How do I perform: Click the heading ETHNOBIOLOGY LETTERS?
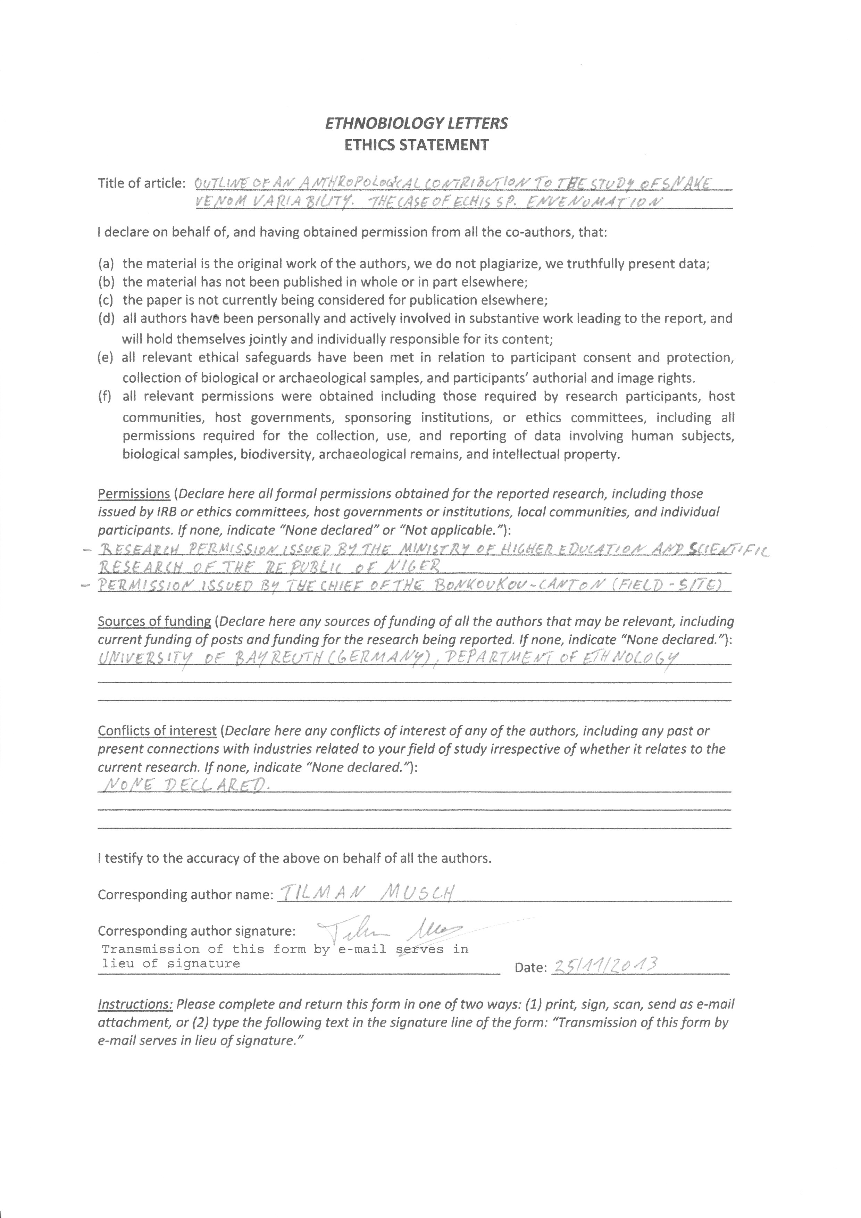click(416, 124)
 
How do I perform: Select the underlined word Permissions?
click(134, 494)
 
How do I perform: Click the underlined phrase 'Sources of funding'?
click(154, 621)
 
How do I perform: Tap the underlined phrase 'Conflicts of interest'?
click(157, 731)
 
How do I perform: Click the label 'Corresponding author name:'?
click(185, 895)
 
